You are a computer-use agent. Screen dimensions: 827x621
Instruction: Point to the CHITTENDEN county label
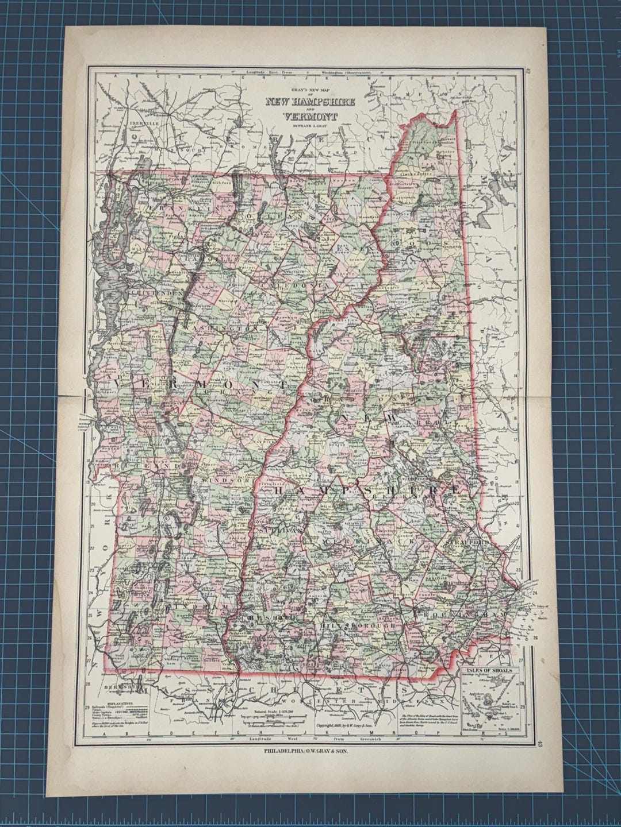coord(156,293)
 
